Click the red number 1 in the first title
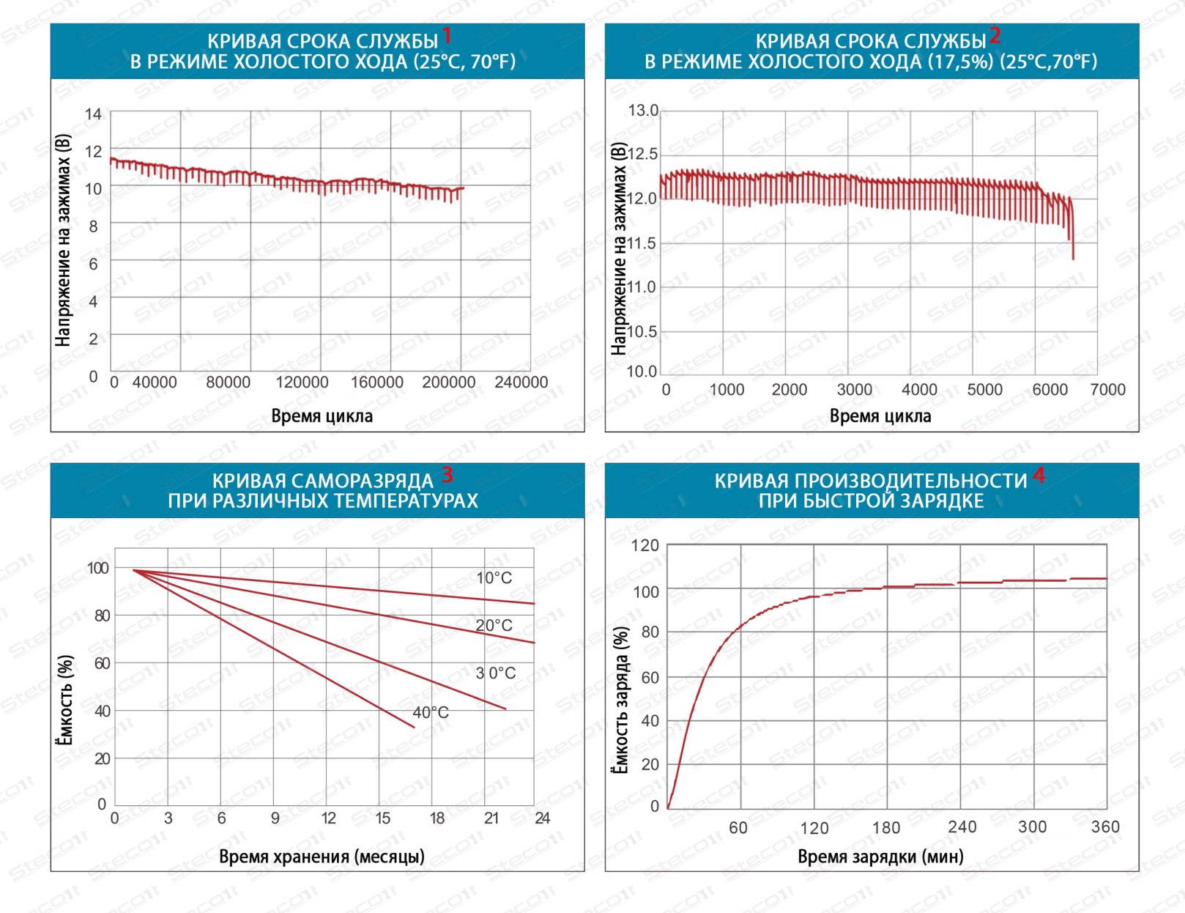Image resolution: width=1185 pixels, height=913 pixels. (x=447, y=35)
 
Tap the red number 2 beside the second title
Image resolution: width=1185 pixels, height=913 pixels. (x=995, y=35)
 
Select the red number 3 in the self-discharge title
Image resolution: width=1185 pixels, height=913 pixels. (x=447, y=476)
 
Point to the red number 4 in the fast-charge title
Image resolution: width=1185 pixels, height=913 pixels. (x=1039, y=476)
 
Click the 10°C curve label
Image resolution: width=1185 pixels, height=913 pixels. (x=494, y=578)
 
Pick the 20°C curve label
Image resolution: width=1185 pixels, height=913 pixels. (x=494, y=626)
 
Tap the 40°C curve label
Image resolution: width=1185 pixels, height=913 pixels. (x=431, y=712)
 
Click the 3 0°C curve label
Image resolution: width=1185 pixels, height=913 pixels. (x=496, y=673)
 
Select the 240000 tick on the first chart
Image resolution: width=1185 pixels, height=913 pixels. (x=521, y=382)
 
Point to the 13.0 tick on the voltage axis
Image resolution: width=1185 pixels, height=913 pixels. (x=643, y=111)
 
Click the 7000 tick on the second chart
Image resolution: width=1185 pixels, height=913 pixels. (x=1107, y=390)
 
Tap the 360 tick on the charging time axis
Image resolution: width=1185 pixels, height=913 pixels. (x=1105, y=827)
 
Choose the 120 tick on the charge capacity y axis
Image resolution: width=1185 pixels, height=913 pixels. (x=645, y=546)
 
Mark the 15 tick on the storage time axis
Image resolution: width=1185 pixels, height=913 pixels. (x=382, y=818)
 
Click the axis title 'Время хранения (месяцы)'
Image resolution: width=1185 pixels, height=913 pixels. (x=322, y=857)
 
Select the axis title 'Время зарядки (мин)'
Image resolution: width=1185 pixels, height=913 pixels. (x=880, y=857)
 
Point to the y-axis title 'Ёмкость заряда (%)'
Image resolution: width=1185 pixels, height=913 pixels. (x=620, y=700)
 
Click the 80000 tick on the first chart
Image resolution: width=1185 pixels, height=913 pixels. (x=228, y=382)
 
